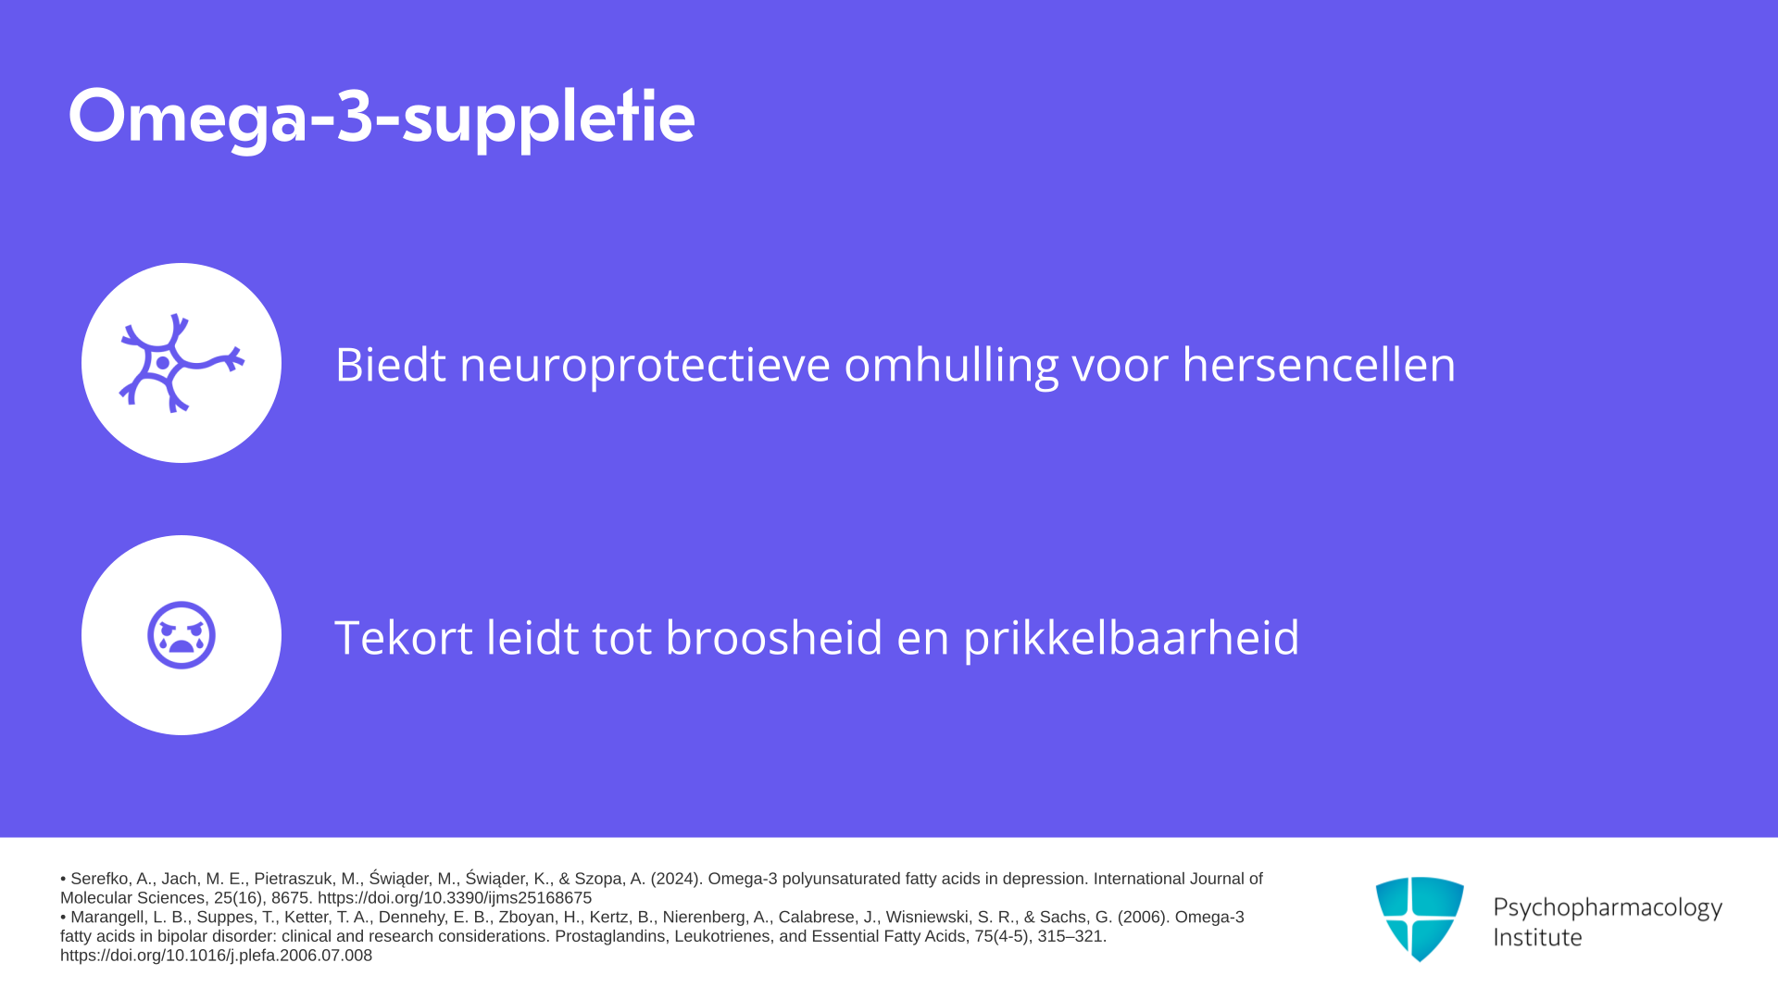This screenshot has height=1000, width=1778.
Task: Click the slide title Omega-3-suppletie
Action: (382, 118)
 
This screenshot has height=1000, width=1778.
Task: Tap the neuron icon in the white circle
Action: (182, 363)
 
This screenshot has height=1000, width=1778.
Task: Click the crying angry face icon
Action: (182, 635)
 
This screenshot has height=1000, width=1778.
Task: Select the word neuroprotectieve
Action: (645, 364)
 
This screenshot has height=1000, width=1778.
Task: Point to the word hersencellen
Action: (1319, 364)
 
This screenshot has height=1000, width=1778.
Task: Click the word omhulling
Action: (951, 364)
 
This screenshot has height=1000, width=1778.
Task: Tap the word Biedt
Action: (390, 364)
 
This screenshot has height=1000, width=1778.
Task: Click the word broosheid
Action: (774, 637)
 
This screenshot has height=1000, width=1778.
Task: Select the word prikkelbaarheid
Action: (1132, 637)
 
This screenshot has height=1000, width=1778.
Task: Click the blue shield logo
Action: (1420, 919)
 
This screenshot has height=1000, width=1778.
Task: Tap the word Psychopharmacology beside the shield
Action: (1608, 907)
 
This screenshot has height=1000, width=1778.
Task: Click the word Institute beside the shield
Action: (1537, 937)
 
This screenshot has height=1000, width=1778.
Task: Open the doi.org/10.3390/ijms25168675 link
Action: (455, 898)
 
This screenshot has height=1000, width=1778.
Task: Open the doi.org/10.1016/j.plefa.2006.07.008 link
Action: (216, 956)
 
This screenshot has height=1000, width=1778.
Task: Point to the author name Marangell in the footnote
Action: (108, 917)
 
